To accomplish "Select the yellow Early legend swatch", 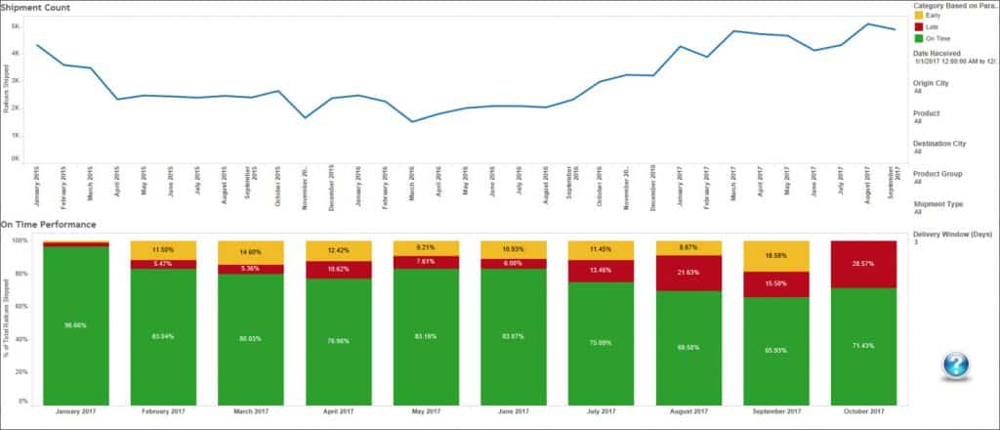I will tap(918, 16).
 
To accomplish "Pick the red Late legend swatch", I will tap(918, 26).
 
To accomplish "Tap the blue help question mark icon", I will tap(956, 365).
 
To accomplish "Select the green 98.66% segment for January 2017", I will tap(76, 324).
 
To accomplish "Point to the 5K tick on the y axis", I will tap(16, 26).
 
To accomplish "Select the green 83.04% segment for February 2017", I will tap(164, 336).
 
